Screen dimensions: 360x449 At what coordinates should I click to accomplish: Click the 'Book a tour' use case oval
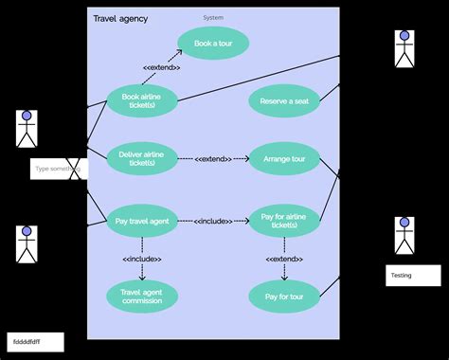[213, 44]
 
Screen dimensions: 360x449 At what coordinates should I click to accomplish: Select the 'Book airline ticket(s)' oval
[142, 100]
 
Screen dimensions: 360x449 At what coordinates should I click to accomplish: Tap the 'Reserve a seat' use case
[284, 101]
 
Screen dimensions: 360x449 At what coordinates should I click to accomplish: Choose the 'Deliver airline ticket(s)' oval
[142, 158]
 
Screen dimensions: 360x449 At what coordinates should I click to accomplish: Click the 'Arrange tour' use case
[284, 159]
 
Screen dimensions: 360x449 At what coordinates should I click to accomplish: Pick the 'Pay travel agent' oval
[142, 221]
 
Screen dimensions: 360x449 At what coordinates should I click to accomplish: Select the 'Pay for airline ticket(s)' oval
[284, 221]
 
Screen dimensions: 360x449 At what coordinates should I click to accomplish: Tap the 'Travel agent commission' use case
[142, 296]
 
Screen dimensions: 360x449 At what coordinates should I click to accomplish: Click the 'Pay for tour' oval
[284, 296]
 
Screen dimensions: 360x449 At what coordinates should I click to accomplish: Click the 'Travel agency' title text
[120, 19]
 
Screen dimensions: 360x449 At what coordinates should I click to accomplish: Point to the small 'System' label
[213, 17]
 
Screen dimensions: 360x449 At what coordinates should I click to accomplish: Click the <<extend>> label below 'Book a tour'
[162, 68]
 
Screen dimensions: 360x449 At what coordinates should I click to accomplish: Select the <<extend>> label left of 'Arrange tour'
[212, 159]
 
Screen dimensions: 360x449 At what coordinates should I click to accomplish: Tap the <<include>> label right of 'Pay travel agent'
[212, 221]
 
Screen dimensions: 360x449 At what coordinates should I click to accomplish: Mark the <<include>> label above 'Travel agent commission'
[142, 259]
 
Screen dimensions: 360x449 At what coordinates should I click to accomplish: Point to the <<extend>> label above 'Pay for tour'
[284, 259]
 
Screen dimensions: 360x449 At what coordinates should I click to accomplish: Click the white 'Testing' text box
[413, 275]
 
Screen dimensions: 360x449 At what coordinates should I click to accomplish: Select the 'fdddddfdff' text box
[36, 341]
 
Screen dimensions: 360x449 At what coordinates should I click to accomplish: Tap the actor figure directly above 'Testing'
[404, 237]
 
